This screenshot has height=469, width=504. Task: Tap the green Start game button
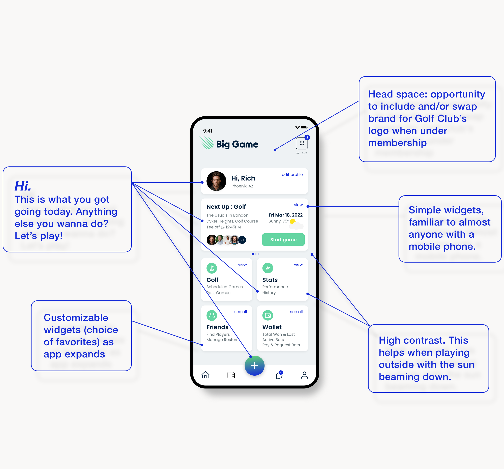[283, 240]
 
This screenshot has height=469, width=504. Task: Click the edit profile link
[292, 174]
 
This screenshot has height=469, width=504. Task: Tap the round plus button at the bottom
[254, 365]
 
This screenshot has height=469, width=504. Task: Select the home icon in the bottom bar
[205, 375]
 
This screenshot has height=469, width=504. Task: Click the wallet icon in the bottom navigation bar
[231, 375]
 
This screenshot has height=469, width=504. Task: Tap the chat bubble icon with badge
[279, 375]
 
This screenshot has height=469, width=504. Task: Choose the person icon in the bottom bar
[304, 375]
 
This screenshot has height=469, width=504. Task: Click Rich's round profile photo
[216, 181]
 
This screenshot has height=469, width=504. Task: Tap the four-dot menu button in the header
[302, 143]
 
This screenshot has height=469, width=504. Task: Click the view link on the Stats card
[298, 264]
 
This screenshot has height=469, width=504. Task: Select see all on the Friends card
[240, 312]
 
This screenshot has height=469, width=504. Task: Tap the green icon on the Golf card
[212, 268]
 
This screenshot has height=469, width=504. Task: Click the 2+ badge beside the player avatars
[242, 240]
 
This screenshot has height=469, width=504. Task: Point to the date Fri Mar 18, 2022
[285, 215]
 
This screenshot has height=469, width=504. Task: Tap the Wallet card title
[272, 327]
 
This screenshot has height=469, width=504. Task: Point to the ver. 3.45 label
[301, 153]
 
